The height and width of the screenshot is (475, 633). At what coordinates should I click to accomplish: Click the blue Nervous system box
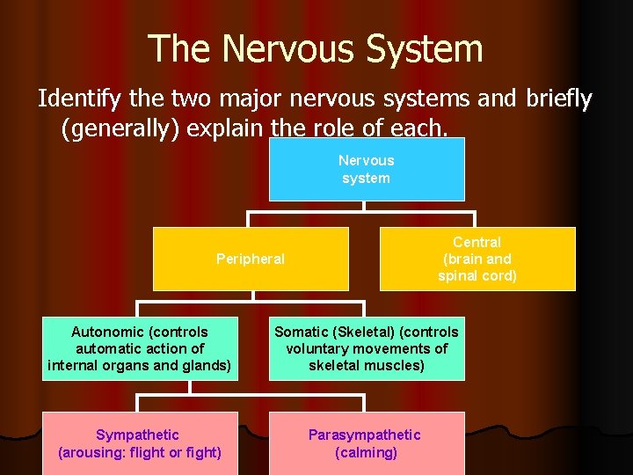click(366, 169)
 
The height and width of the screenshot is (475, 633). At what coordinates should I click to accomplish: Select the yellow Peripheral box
click(251, 259)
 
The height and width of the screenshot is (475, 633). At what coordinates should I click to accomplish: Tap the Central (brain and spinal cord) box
click(477, 259)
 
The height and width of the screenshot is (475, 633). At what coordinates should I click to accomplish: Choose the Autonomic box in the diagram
click(140, 348)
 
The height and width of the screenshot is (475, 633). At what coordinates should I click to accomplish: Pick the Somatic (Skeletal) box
click(366, 348)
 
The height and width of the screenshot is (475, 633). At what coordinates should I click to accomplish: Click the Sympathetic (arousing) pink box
click(140, 444)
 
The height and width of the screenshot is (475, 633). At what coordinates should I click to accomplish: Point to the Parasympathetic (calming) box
click(365, 444)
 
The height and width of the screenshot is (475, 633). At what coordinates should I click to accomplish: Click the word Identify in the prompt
click(78, 99)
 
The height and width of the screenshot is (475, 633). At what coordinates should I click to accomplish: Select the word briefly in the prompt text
click(559, 99)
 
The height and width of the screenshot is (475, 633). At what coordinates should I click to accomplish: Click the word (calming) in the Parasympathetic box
click(366, 453)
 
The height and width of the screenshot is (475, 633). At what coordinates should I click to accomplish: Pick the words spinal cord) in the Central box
click(477, 275)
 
